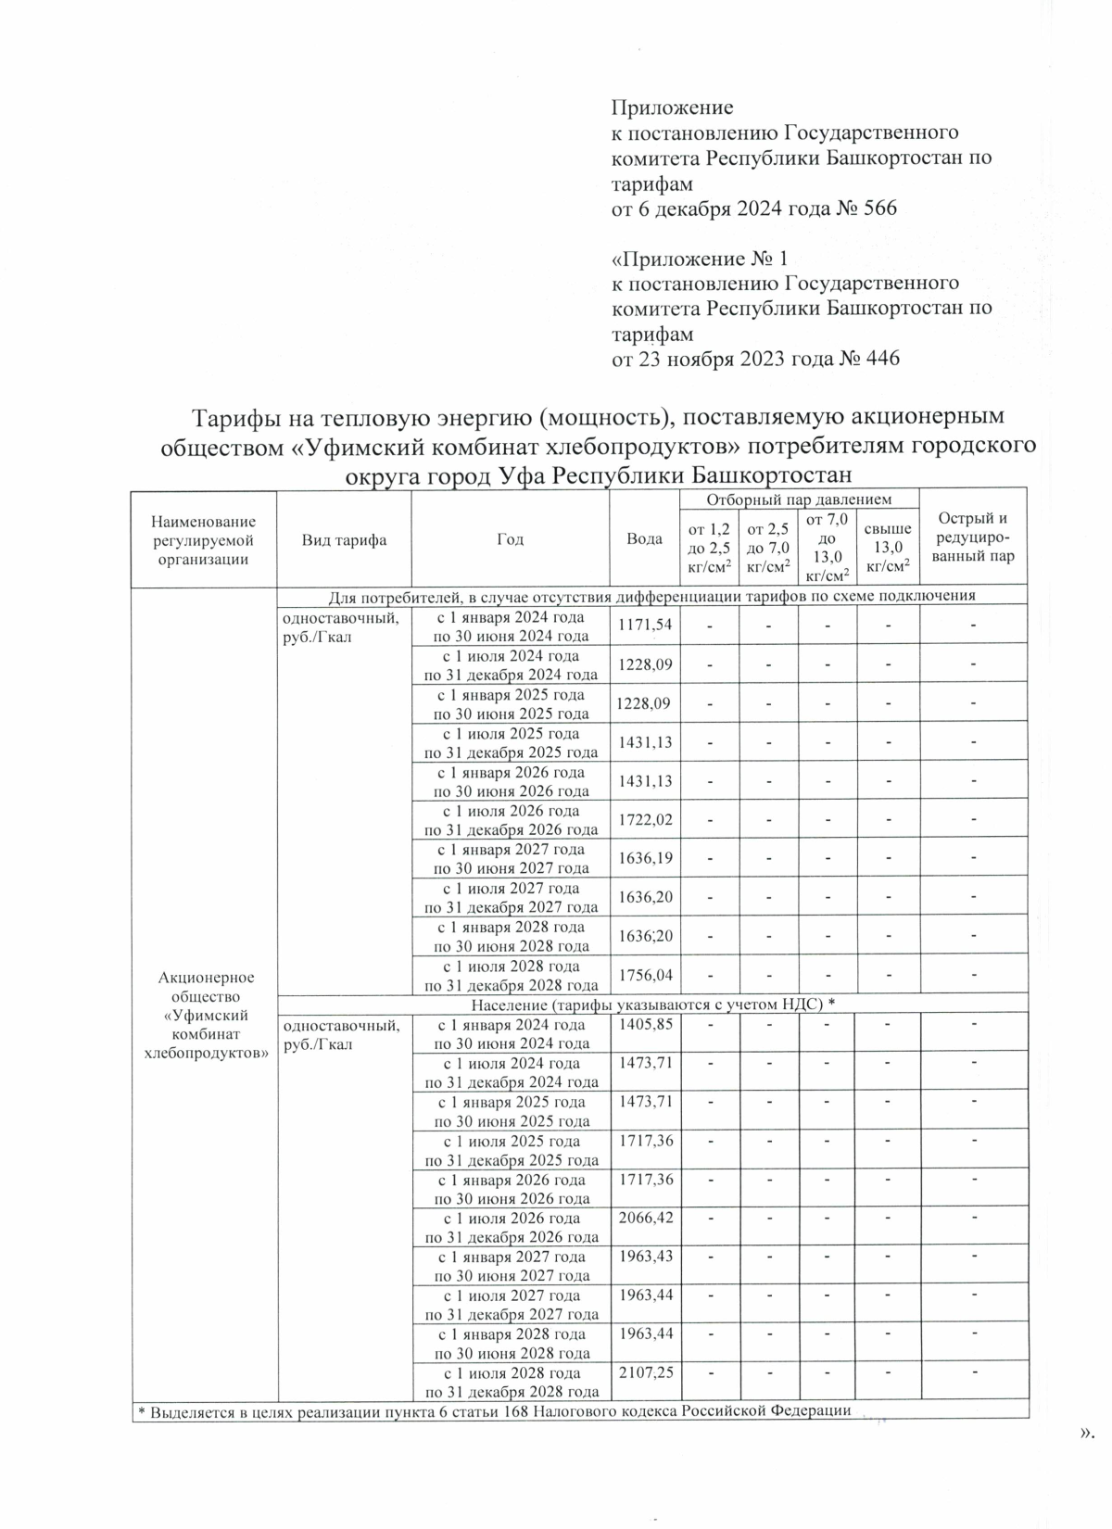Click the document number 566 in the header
879,208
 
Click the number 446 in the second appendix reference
882,359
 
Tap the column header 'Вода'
644,539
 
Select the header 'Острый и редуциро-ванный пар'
973,537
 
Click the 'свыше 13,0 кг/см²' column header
887,548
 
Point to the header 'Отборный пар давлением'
799,499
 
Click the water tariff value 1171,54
645,625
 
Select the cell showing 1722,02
645,819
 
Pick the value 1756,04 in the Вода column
645,975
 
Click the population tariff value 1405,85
645,1024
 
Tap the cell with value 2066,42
645,1218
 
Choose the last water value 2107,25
645,1372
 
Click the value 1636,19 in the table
645,858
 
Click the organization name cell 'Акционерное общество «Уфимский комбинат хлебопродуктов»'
205,1015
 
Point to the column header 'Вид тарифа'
343,540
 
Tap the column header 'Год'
510,539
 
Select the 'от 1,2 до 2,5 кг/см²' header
709,548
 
